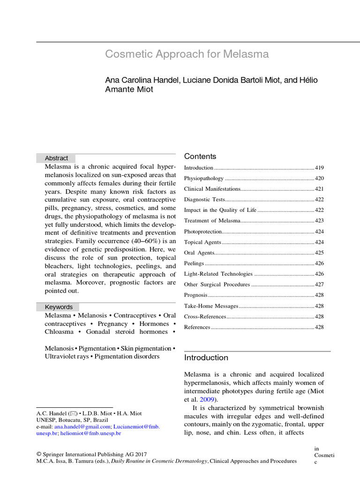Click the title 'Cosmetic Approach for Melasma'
click(187, 54)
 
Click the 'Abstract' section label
click(56, 158)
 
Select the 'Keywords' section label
click(59, 307)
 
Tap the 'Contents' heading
click(200, 157)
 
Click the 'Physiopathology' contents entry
click(204, 179)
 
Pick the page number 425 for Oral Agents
click(319, 253)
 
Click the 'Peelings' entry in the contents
click(194, 263)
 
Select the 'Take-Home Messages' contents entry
click(211, 306)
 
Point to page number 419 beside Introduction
click(319, 168)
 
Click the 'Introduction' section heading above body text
click(206, 358)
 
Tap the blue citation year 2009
click(207, 400)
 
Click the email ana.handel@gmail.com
click(82, 427)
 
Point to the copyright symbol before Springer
click(39, 454)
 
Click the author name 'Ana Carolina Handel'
click(142, 80)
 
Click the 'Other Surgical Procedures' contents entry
click(217, 285)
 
